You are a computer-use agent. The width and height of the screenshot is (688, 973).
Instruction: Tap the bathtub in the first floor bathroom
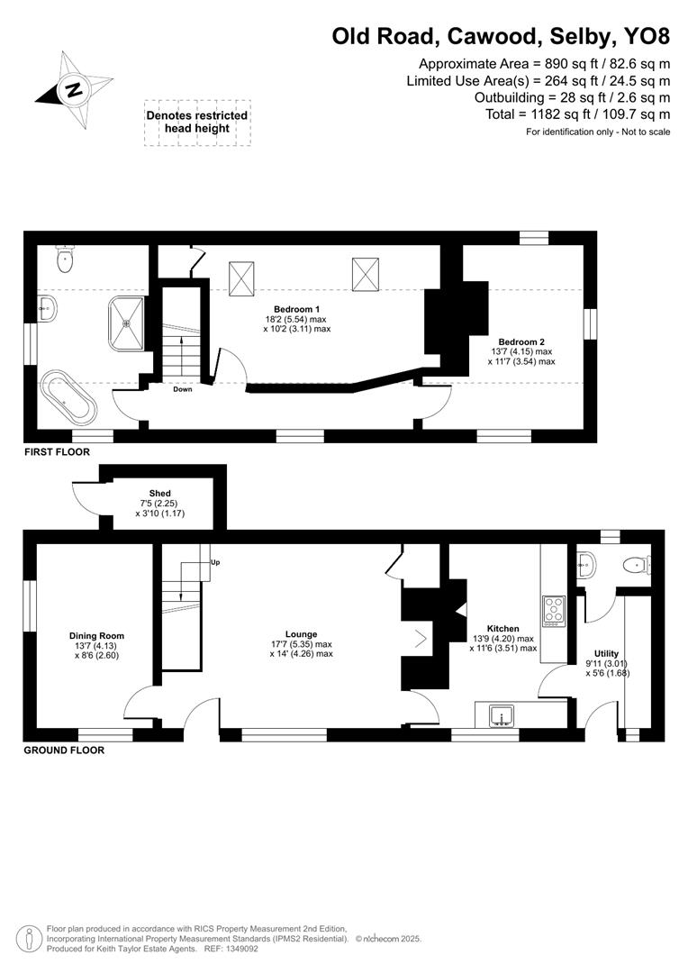pyautogui.click(x=68, y=396)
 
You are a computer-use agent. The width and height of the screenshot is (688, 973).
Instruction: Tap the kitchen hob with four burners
pyautogui.click(x=552, y=612)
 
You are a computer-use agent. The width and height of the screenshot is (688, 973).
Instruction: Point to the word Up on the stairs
pyautogui.click(x=214, y=562)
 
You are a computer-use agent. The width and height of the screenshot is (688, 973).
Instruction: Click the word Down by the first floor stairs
pyautogui.click(x=183, y=389)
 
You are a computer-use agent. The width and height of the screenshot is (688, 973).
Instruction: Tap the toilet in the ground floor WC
pyautogui.click(x=637, y=565)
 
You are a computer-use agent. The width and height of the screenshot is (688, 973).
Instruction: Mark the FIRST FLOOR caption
pyautogui.click(x=57, y=452)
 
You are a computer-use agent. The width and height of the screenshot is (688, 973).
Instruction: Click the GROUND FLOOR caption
pyautogui.click(x=63, y=750)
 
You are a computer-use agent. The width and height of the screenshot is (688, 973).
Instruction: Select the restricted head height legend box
pyautogui.click(x=196, y=123)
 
